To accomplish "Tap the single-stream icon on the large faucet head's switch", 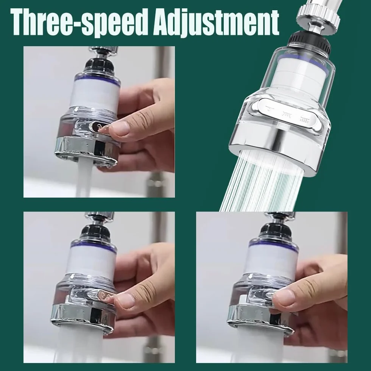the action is click(268, 108).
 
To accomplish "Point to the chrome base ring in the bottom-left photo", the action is click(83, 318).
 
